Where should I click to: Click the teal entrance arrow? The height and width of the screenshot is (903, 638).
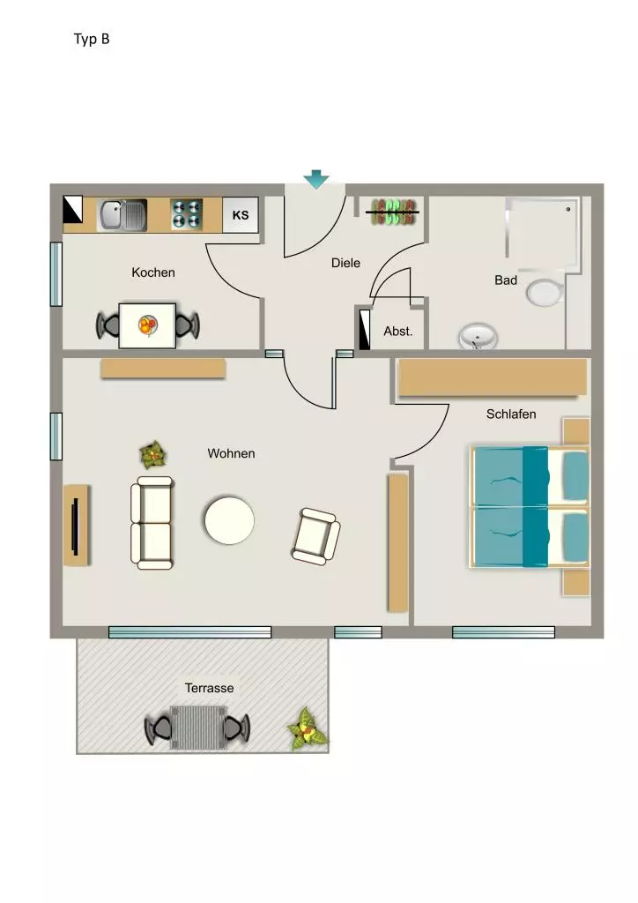(315, 179)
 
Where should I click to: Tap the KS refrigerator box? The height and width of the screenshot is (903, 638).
(241, 215)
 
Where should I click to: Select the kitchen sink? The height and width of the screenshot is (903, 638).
(122, 215)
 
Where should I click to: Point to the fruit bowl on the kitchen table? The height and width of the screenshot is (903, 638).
(148, 326)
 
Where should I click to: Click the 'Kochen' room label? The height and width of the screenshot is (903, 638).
(153, 272)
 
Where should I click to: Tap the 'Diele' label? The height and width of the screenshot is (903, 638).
(345, 263)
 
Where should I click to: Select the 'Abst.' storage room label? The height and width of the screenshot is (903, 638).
(398, 332)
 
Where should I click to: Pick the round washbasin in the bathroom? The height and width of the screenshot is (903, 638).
(478, 336)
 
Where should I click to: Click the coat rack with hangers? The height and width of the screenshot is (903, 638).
(394, 212)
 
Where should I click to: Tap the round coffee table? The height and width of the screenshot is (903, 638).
(229, 520)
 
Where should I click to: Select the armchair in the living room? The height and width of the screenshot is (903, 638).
(315, 536)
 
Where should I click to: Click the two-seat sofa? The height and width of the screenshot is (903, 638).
(152, 523)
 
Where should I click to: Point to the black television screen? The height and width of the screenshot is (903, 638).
(74, 526)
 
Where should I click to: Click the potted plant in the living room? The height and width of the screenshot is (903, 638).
(153, 455)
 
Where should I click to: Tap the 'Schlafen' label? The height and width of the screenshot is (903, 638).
(511, 414)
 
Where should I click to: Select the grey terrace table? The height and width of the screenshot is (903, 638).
(198, 728)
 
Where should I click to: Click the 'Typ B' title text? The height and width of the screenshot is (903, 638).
(92, 39)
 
